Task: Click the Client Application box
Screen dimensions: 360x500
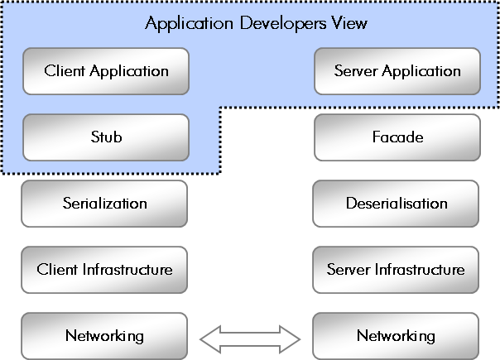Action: tap(106, 70)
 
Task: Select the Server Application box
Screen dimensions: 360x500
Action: tap(397, 70)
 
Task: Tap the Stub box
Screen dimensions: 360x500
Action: tap(106, 137)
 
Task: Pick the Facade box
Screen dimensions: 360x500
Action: tap(397, 137)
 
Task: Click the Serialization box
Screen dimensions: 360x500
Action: tap(104, 203)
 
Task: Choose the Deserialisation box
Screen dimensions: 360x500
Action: tap(396, 203)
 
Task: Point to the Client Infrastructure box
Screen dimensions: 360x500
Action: tap(104, 269)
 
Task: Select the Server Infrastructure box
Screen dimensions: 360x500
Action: tap(396, 269)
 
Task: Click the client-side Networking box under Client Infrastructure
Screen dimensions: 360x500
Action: tap(104, 335)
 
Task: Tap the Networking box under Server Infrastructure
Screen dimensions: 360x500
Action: tap(396, 335)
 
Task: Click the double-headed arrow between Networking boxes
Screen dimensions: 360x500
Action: tap(250, 337)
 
